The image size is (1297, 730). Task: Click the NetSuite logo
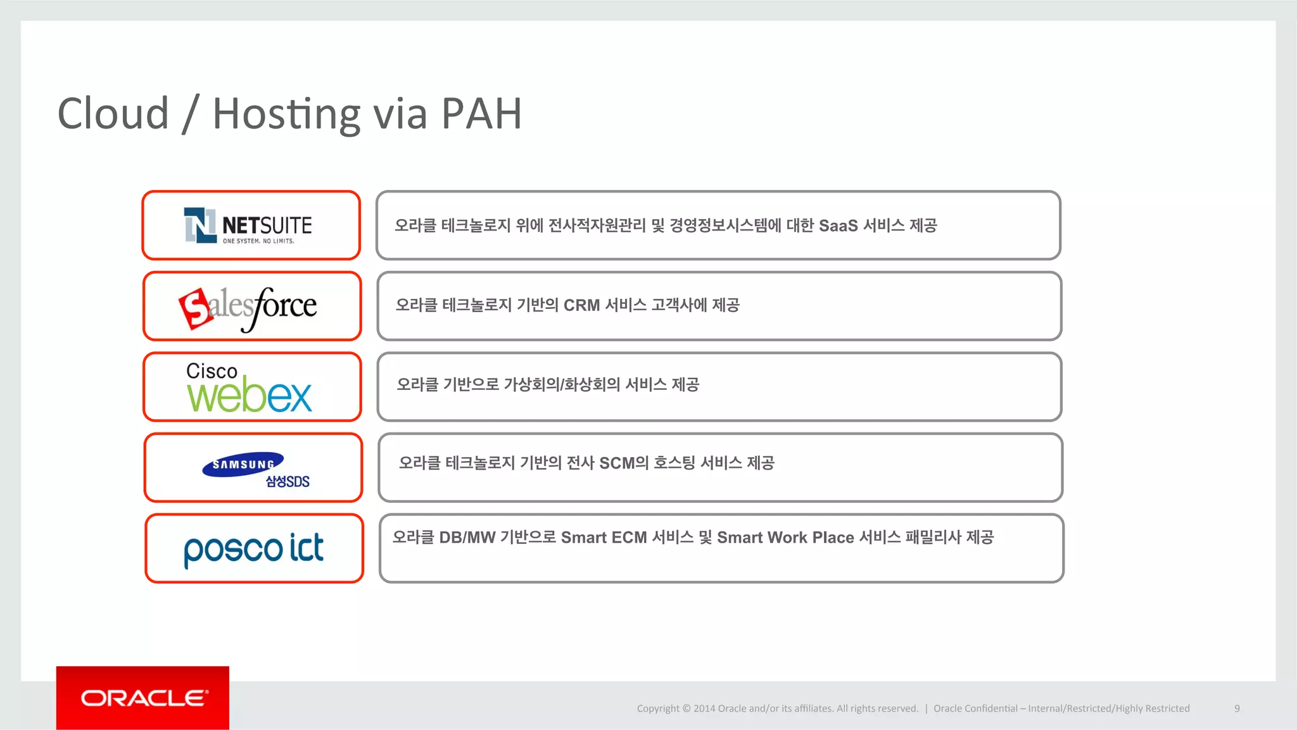[x=248, y=226]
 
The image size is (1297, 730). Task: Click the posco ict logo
[x=253, y=549]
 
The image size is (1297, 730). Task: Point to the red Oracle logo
[x=143, y=698]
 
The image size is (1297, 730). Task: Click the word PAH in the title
[x=481, y=114]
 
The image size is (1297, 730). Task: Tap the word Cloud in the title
[x=113, y=114]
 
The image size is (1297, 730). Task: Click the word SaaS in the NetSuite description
[x=838, y=226]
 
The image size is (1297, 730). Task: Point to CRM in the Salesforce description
[x=581, y=306]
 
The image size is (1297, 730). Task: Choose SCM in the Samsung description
[x=617, y=463]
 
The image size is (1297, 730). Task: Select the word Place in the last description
[x=833, y=538]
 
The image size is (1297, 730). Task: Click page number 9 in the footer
[x=1237, y=708]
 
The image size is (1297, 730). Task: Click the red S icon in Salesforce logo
[x=196, y=308]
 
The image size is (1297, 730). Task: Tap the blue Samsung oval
[x=243, y=464]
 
